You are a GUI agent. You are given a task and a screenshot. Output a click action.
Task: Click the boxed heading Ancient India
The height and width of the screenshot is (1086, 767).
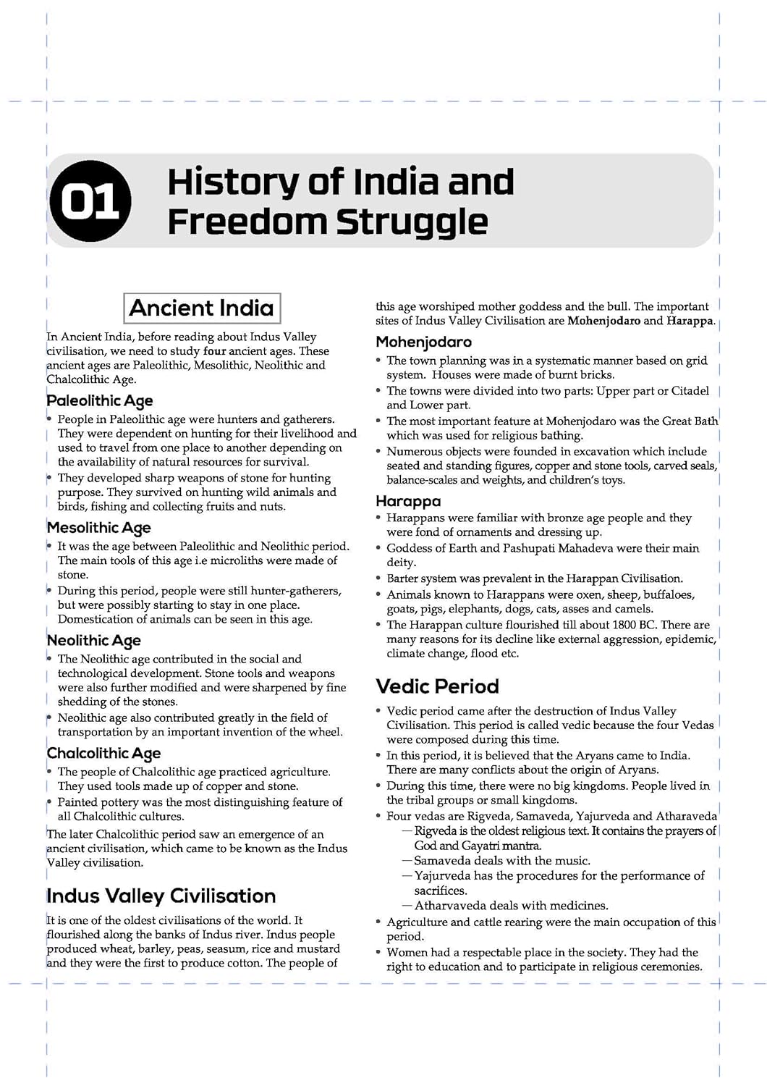tap(202, 308)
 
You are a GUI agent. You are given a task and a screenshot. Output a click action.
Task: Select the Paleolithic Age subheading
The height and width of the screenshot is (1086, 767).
tap(100, 401)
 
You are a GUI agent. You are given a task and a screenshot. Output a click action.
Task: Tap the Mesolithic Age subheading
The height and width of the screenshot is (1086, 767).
tap(99, 528)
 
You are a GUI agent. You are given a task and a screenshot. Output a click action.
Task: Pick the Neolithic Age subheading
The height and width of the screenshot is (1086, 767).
tap(94, 641)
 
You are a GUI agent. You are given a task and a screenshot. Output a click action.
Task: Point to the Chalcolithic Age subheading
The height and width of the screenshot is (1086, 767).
tap(103, 754)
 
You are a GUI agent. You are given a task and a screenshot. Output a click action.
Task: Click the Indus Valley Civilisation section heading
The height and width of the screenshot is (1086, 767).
tap(161, 896)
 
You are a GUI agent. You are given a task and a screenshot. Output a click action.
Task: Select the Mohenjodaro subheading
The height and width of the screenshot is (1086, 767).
tap(423, 342)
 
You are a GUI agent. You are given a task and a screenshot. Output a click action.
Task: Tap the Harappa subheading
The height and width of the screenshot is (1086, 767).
tap(408, 501)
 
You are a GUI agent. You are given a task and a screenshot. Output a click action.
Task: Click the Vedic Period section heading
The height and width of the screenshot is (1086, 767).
tap(437, 686)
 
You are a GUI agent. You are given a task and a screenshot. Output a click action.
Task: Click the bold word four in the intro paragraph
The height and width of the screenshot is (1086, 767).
tap(215, 351)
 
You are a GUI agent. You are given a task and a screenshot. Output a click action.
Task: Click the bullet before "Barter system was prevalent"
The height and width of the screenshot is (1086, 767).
tap(378, 579)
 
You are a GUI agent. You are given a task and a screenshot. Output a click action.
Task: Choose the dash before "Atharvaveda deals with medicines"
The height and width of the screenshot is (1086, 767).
tap(407, 906)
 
